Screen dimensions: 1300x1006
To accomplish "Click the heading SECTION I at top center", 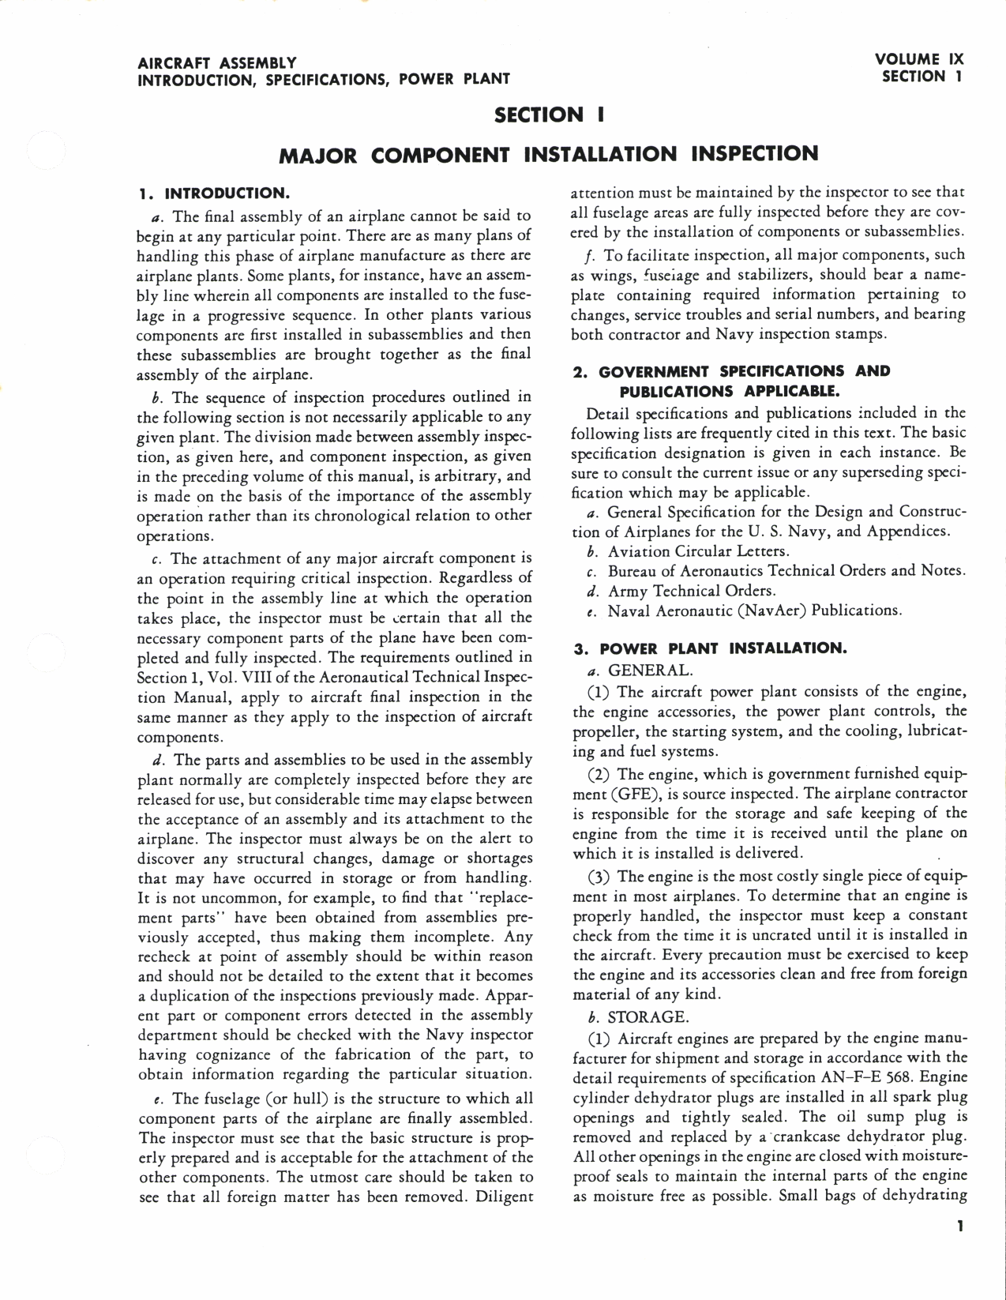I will pyautogui.click(x=550, y=115).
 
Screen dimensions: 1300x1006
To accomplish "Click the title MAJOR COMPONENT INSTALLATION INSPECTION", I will pyautogui.click(x=550, y=153).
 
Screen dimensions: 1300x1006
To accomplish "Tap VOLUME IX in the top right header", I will pyautogui.click(x=918, y=59).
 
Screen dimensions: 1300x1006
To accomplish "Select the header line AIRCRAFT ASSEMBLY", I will pyautogui.click(x=217, y=62).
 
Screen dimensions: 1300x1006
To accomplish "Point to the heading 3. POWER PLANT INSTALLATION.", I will pyautogui.click(x=710, y=649).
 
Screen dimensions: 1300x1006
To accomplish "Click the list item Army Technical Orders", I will pyautogui.click(x=691, y=591).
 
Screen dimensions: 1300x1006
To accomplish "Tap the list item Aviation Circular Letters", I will pyautogui.click(x=698, y=550).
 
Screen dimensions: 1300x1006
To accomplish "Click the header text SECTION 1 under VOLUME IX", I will pyautogui.click(x=922, y=77).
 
